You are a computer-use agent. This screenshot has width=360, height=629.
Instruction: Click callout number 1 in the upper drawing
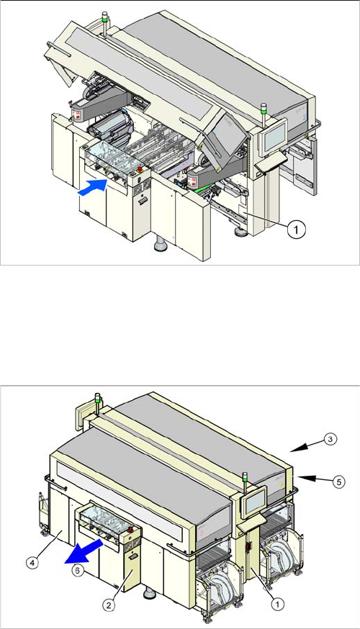click(296, 230)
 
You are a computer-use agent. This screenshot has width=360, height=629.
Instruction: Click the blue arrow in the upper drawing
click(92, 187)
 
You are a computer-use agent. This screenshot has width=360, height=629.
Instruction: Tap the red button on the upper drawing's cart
click(140, 169)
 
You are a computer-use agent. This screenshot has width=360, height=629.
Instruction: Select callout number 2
click(109, 605)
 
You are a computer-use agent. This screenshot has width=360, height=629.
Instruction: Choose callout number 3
click(330, 439)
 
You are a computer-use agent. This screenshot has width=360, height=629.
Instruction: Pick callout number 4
click(32, 562)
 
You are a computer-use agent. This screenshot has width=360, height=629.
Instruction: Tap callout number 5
click(339, 481)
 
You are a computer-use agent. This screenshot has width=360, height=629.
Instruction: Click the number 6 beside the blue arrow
click(78, 570)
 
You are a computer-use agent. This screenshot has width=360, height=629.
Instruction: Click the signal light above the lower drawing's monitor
click(244, 478)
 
